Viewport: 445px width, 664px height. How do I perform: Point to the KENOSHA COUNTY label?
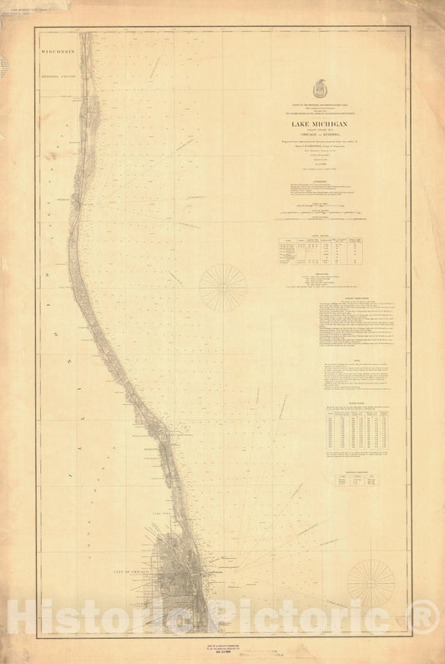(x=58, y=74)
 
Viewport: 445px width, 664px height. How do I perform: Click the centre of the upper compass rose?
(x=223, y=287)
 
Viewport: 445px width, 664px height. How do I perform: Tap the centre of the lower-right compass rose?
(x=371, y=582)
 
